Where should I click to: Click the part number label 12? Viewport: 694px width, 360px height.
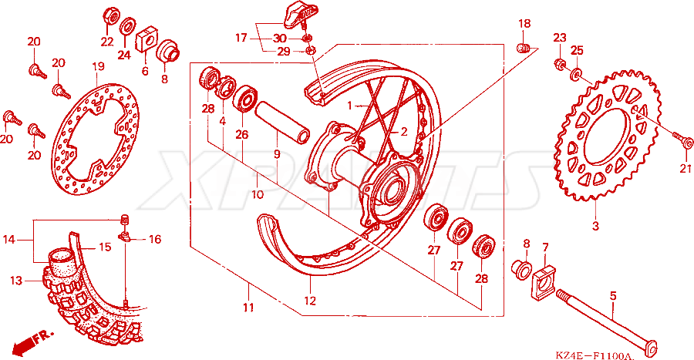point(310,301)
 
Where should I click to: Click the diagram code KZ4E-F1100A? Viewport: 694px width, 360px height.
point(595,355)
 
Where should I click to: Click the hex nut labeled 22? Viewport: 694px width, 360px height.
point(112,17)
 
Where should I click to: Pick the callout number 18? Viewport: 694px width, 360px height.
point(524,23)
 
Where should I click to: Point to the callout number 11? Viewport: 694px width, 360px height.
point(248,307)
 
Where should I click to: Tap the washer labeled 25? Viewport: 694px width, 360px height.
point(577,74)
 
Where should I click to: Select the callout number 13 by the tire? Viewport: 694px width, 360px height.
point(16,281)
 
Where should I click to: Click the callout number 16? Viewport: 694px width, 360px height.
point(155,239)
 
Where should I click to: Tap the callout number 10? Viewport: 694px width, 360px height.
point(258,194)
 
